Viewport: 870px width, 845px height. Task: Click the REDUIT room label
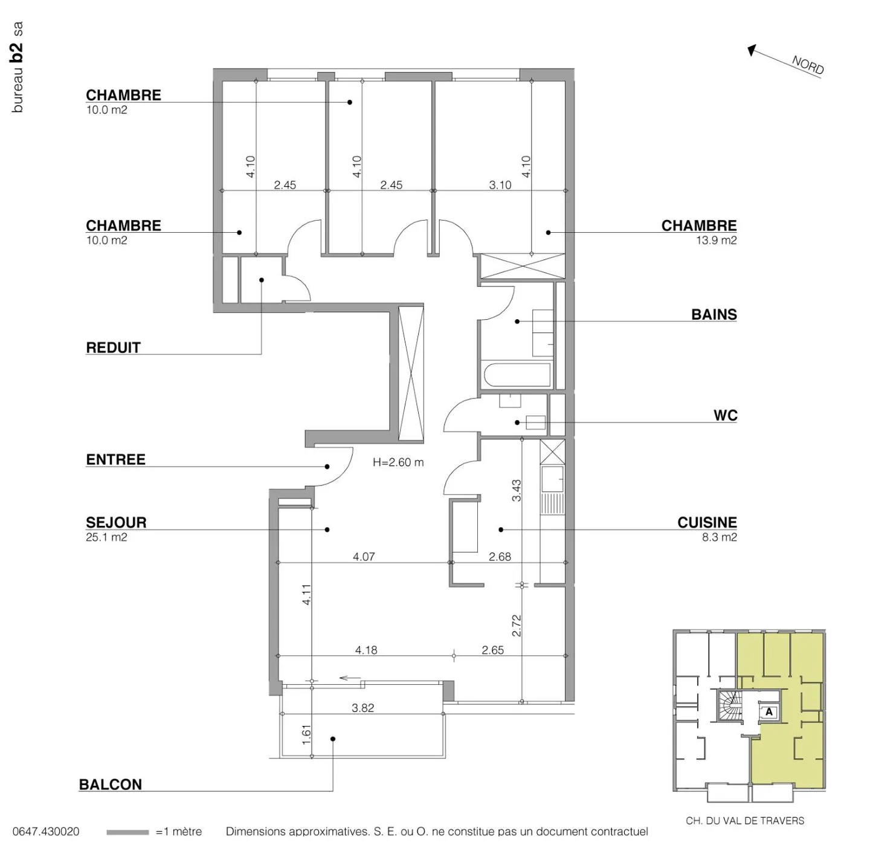tap(113, 348)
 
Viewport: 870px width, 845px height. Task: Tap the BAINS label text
tap(714, 314)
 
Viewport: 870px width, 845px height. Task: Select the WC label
tap(725, 415)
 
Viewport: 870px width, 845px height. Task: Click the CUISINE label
tap(707, 522)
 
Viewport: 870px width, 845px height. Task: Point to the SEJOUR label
tap(116, 522)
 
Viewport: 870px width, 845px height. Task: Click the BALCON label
tap(111, 784)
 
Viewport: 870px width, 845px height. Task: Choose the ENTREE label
tap(116, 459)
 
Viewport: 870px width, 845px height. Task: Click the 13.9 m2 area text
tap(716, 240)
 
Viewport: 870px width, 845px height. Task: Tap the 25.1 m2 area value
tap(106, 537)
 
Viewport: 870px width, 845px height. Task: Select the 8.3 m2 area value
tap(719, 537)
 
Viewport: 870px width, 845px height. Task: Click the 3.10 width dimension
tap(500, 185)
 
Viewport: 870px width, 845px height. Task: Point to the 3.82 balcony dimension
tap(362, 708)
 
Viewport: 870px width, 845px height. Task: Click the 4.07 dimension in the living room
tap(364, 557)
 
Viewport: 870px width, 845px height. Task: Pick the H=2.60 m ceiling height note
tap(398, 462)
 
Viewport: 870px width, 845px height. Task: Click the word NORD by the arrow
tap(807, 65)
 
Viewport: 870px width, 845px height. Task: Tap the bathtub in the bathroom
tap(517, 375)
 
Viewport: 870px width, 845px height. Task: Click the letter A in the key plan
tap(769, 711)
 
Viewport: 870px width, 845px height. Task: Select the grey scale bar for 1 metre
tap(127, 832)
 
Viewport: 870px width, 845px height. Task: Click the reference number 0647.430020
tap(45, 832)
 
